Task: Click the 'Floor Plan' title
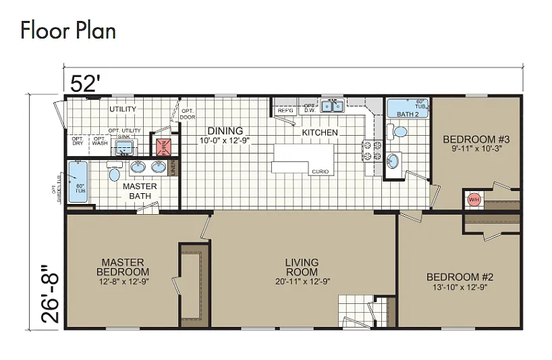pyautogui.click(x=67, y=30)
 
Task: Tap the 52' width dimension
pyautogui.click(x=86, y=83)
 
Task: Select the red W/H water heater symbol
pyautogui.click(x=474, y=199)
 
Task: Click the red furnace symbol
pyautogui.click(x=162, y=147)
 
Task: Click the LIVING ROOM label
pyautogui.click(x=302, y=267)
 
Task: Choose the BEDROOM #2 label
pyautogui.click(x=460, y=277)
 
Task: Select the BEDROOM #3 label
pyautogui.click(x=476, y=140)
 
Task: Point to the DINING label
pyautogui.click(x=225, y=131)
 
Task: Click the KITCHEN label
pyautogui.click(x=319, y=132)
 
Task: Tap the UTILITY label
pyautogui.click(x=123, y=109)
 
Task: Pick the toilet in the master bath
pyautogui.click(x=114, y=174)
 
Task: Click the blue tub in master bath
pyautogui.click(x=79, y=182)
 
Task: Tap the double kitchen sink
pyautogui.click(x=332, y=106)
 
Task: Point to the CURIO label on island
pyautogui.click(x=320, y=172)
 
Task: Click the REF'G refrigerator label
pyautogui.click(x=285, y=109)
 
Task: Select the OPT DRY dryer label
pyautogui.click(x=77, y=141)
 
